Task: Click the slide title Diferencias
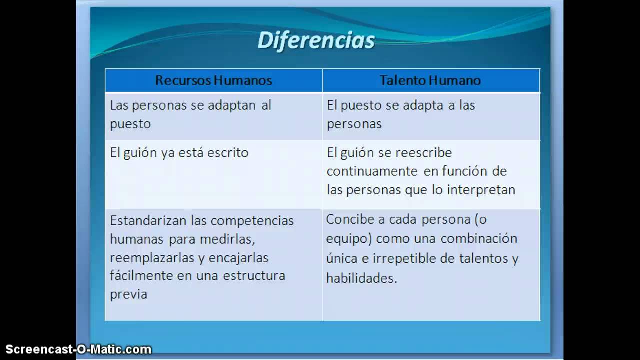coord(316,41)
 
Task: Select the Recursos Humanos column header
coord(213,80)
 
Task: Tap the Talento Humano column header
coord(430,80)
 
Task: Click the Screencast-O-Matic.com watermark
coord(78,349)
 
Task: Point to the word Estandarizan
coord(148,221)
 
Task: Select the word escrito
coord(228,153)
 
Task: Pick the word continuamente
coord(372,171)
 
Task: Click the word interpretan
coord(481,190)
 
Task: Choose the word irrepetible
coord(404,259)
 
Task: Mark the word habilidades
coord(361,278)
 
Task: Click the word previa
coord(128,295)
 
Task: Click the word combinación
coord(479,239)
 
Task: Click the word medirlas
coord(227,239)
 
